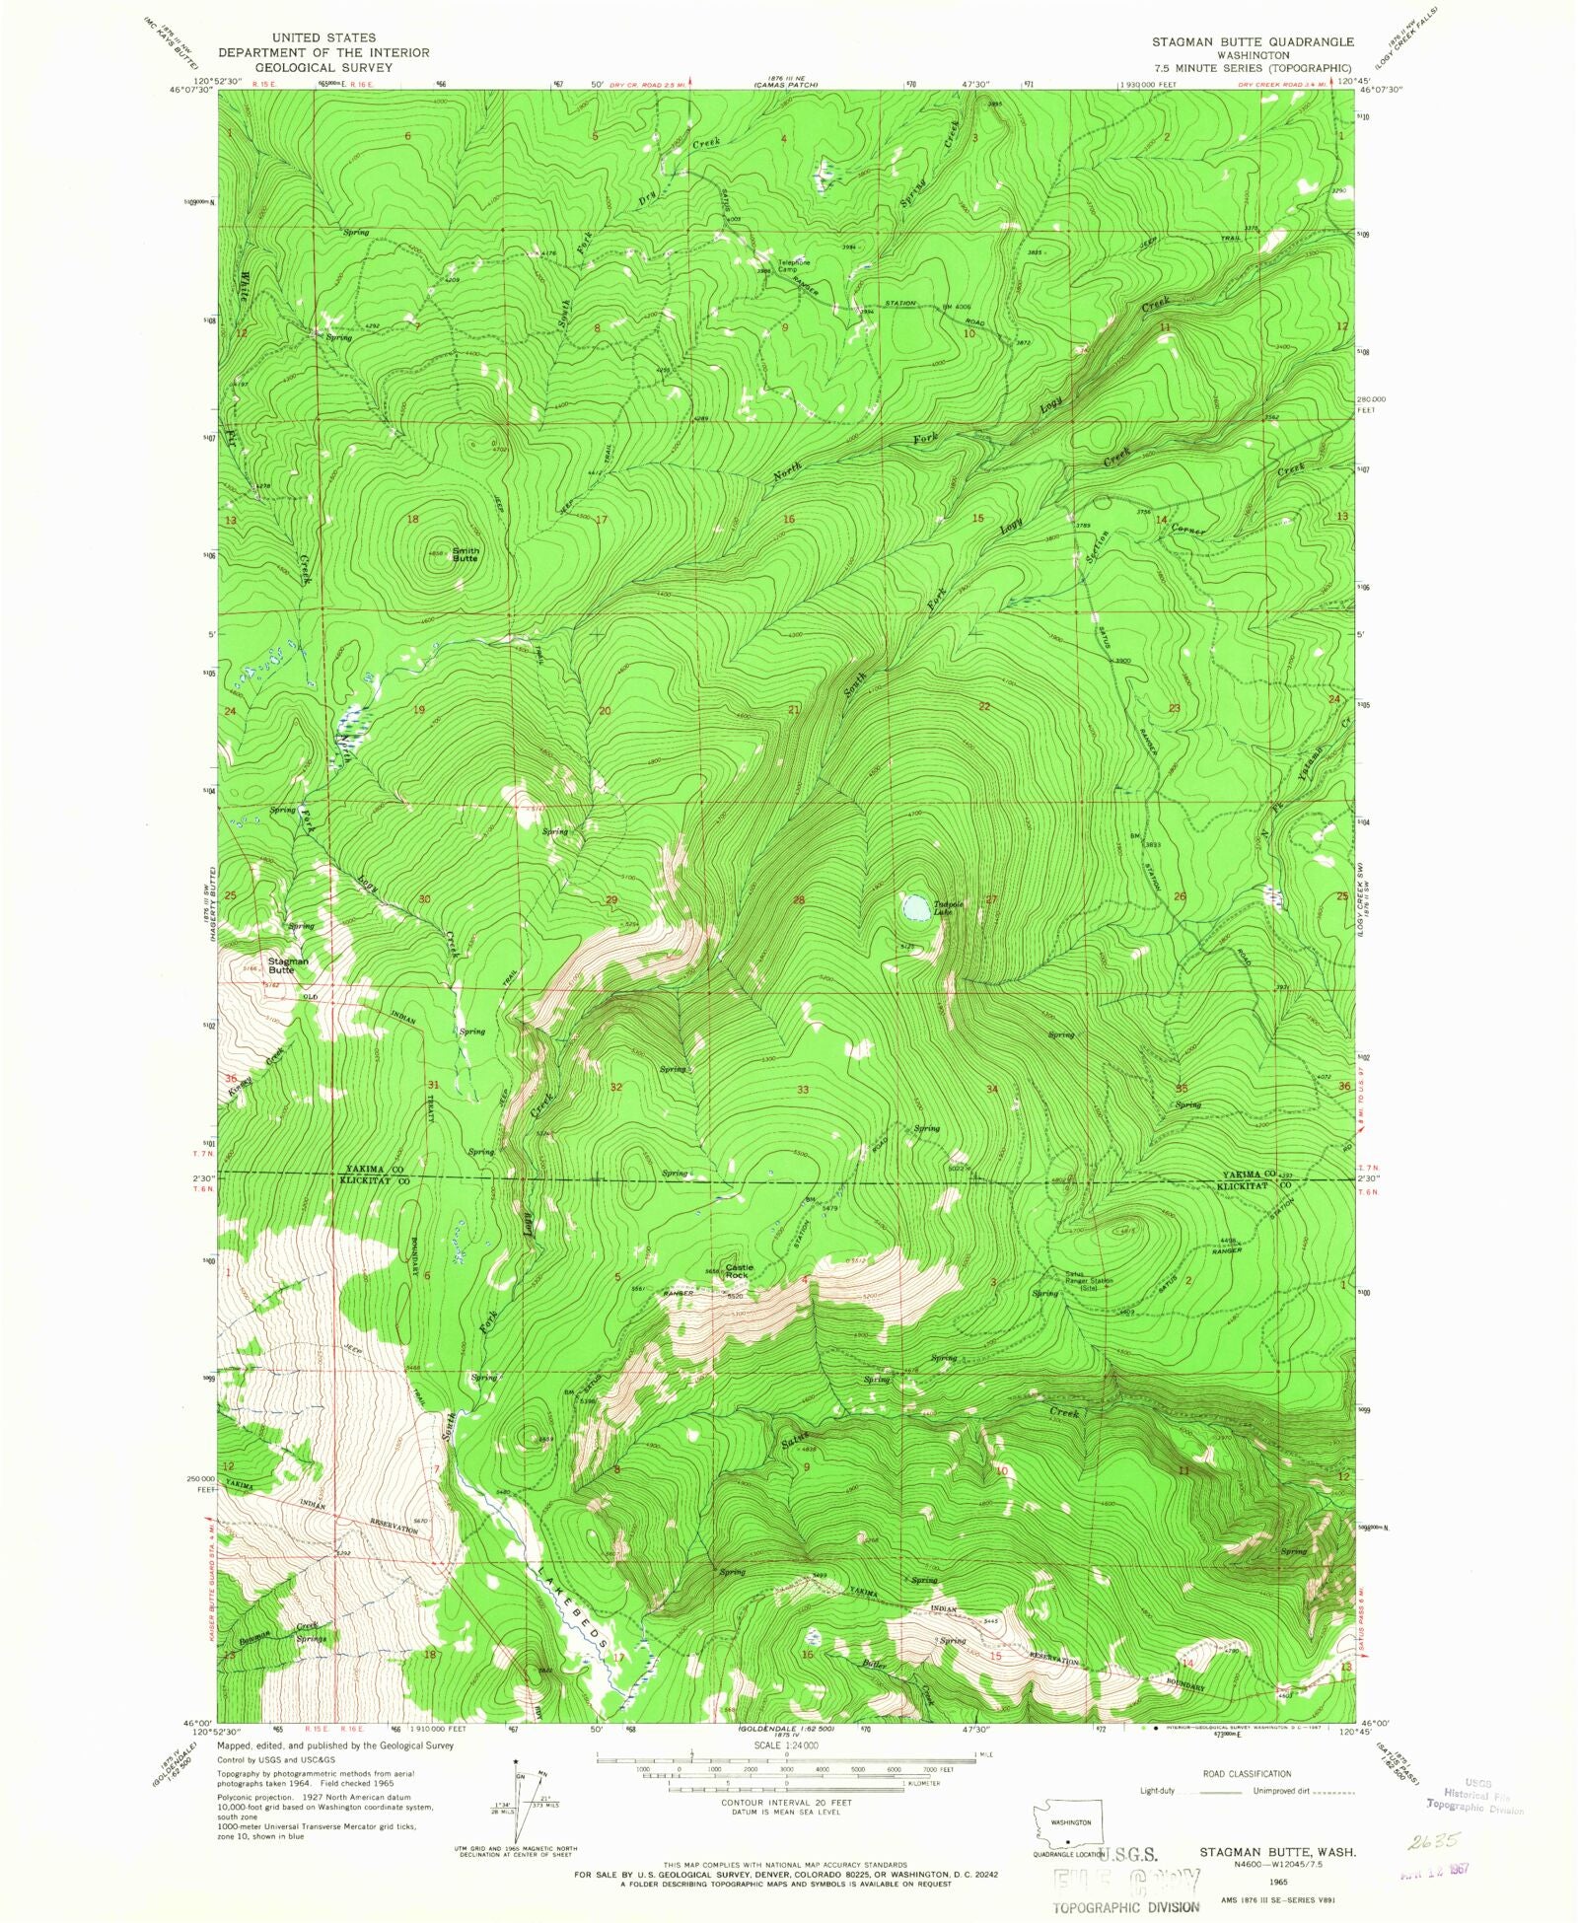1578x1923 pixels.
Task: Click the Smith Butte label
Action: pyautogui.click(x=466, y=554)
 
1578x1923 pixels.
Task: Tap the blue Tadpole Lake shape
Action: pyautogui.click(x=916, y=905)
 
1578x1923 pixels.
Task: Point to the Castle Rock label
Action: pyautogui.click(x=739, y=1271)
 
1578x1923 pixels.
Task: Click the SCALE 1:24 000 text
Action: pyautogui.click(x=786, y=1745)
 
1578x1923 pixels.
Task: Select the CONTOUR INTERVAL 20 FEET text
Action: pyautogui.click(x=786, y=1801)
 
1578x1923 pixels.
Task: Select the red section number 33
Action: pyautogui.click(x=803, y=1090)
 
